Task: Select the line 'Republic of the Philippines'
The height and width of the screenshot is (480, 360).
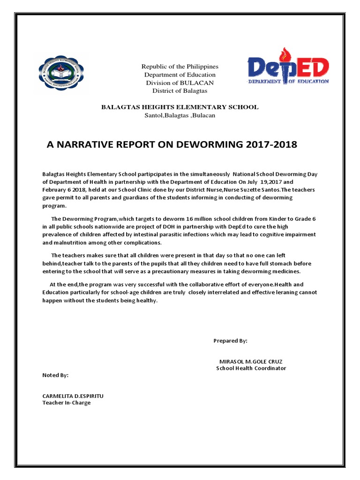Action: pos(180,67)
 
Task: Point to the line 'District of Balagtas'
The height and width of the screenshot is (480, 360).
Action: pos(180,90)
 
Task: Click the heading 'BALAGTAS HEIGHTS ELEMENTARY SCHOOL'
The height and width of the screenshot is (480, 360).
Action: pos(180,107)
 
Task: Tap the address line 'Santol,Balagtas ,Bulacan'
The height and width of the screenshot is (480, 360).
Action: pos(180,115)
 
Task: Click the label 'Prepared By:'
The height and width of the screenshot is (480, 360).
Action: pos(230,341)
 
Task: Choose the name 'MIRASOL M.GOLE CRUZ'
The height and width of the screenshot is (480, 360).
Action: pos(251,361)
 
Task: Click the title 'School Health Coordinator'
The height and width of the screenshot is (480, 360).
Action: pos(251,368)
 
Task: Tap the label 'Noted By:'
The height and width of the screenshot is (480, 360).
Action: pos(55,375)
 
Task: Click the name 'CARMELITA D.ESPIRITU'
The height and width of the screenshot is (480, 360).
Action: pos(73,396)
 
